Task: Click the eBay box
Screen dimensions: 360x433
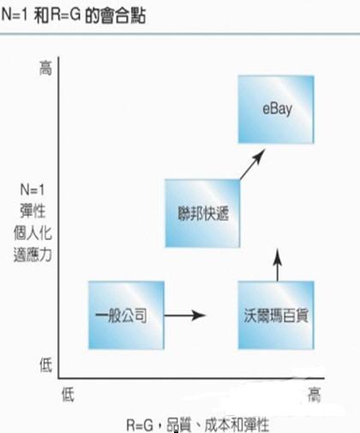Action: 276,109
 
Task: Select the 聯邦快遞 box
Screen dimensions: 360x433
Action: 202,213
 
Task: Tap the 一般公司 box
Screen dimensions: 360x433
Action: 126,316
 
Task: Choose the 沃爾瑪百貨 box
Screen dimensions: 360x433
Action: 276,316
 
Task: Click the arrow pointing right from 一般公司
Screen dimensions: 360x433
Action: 185,316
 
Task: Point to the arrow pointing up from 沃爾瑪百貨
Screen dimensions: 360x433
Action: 278,265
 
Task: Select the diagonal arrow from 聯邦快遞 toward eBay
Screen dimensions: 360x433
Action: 253,164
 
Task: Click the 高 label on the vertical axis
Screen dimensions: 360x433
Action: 45,69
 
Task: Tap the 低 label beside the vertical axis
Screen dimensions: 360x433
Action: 45,365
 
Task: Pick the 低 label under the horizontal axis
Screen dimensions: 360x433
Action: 68,394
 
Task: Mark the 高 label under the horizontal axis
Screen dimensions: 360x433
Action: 315,395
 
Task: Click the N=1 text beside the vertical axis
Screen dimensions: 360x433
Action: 33,189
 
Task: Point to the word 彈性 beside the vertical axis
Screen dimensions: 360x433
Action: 33,211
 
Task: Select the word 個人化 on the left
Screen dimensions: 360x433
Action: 33,233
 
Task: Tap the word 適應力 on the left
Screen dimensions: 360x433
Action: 33,255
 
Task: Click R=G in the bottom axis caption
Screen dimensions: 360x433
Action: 140,425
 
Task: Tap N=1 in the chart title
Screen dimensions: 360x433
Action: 15,15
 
